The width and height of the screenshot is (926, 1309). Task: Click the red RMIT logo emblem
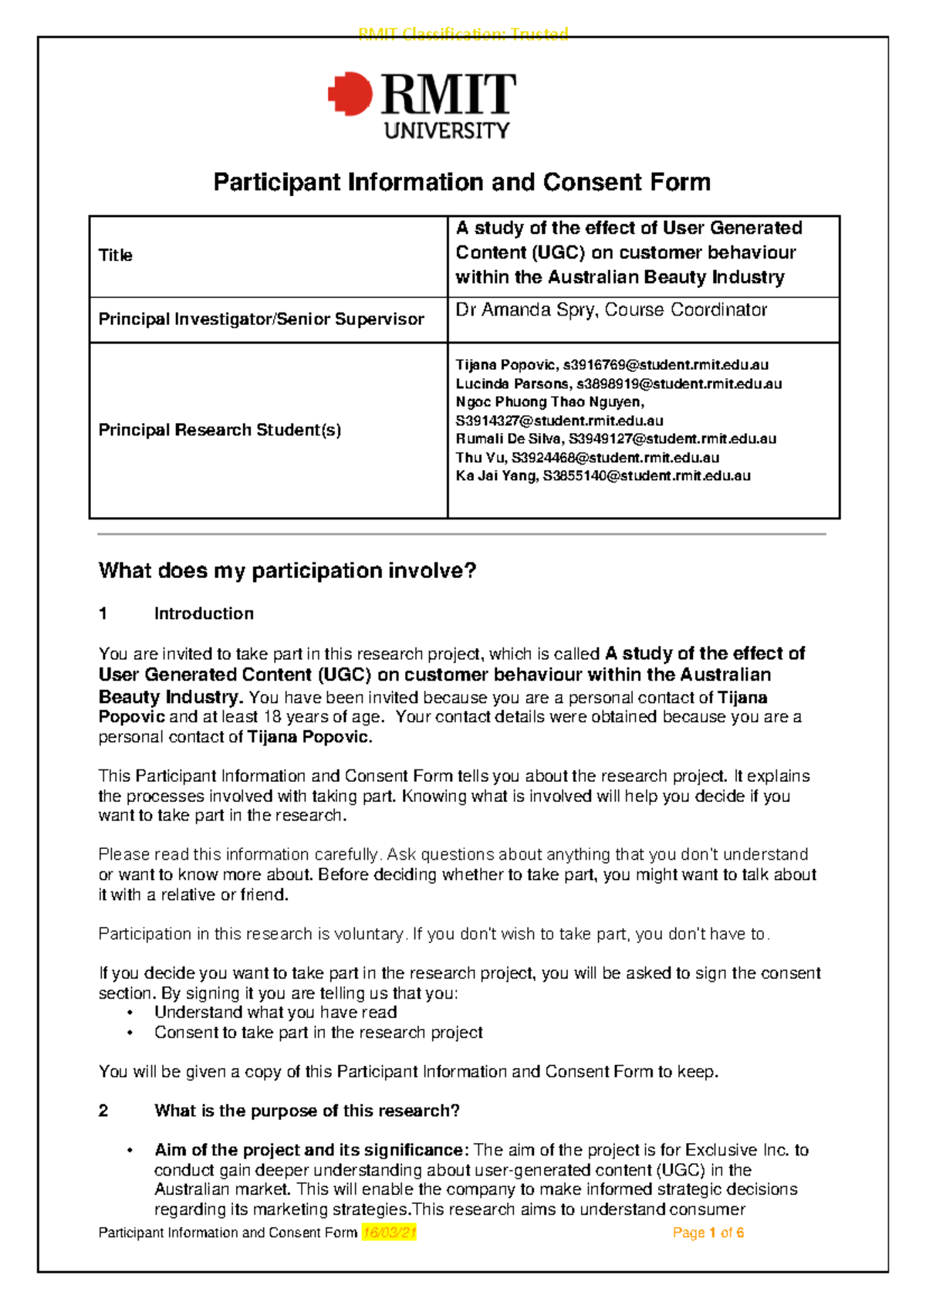[x=350, y=94]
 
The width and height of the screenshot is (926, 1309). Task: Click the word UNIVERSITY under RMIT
[x=447, y=130]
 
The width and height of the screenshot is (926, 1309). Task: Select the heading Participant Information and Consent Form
[x=461, y=182]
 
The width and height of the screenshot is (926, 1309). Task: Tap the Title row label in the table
[x=116, y=255]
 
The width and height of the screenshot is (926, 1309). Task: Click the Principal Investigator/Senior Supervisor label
[x=261, y=319]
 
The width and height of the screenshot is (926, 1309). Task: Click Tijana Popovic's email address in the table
[x=665, y=365]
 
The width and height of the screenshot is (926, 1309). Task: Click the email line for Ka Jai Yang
[x=603, y=475]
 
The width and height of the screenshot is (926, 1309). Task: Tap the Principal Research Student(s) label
[x=219, y=430]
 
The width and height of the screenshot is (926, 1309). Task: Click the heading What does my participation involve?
[x=287, y=570]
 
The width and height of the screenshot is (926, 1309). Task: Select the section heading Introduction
[x=204, y=614]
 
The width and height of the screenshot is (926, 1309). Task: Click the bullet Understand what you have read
[x=275, y=1012]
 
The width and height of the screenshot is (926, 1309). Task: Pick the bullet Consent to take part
[x=318, y=1032]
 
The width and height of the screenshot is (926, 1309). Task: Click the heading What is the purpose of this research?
[x=306, y=1111]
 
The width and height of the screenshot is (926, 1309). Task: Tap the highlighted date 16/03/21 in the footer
[x=389, y=1233]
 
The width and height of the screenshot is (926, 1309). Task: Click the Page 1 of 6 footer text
[x=708, y=1233]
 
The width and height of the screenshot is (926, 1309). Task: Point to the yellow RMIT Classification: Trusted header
[x=463, y=33]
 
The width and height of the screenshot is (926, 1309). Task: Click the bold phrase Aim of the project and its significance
[x=310, y=1150]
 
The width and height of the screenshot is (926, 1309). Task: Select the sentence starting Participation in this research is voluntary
[x=434, y=934]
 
